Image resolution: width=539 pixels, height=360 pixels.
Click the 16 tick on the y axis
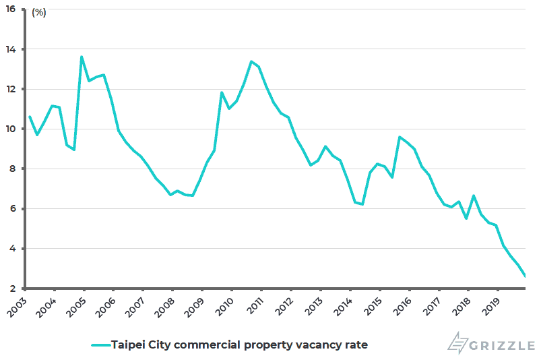(18, 10)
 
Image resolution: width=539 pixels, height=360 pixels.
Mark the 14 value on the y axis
(18, 50)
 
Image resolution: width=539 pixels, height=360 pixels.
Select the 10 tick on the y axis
(18, 129)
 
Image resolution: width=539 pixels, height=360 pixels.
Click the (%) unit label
(38, 12)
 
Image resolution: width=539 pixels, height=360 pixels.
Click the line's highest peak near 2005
(82, 57)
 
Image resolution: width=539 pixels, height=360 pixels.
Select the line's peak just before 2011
(251, 61)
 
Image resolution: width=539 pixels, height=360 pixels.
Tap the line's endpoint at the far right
(526, 276)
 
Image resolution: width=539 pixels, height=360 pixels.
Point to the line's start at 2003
(30, 117)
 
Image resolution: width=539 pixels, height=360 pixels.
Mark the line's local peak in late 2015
(400, 137)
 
